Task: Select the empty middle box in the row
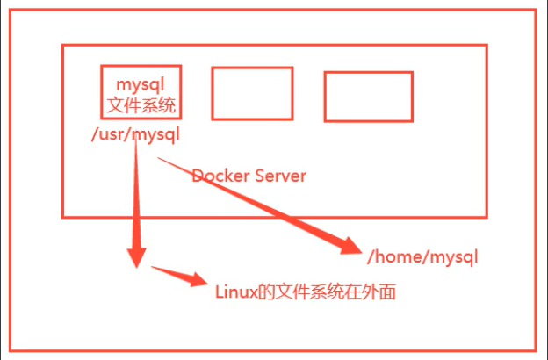pos(252,93)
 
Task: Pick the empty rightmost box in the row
pos(368,97)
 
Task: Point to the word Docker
pos(220,176)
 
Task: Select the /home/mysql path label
pos(422,257)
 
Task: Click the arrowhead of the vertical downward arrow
pos(136,256)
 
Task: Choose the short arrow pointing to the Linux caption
pos(180,277)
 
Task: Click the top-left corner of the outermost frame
pos(11,11)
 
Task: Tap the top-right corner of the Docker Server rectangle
pos(487,44)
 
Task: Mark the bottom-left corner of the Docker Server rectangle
pos(63,216)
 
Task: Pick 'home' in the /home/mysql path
pos(394,257)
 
